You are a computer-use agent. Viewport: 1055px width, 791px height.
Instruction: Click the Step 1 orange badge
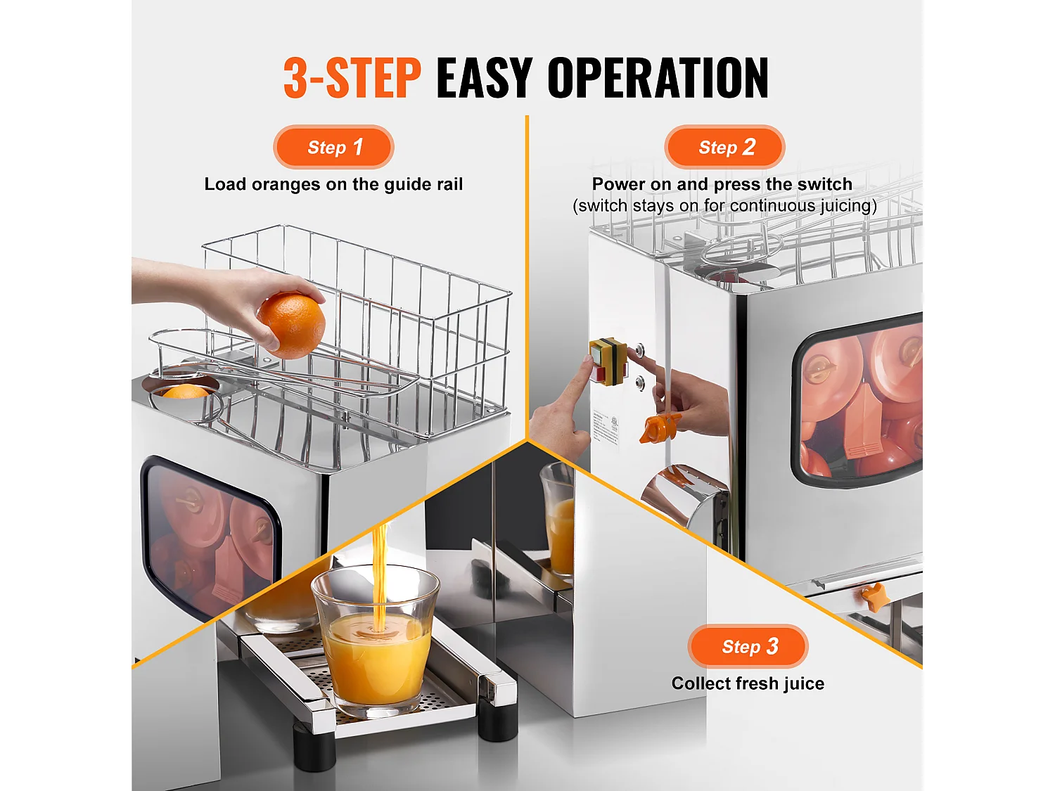(x=333, y=147)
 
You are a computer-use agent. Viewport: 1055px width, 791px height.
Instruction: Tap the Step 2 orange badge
(x=724, y=147)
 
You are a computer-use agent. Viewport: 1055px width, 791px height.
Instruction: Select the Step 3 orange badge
(x=748, y=646)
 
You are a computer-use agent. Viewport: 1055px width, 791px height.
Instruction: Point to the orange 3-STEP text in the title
(x=352, y=78)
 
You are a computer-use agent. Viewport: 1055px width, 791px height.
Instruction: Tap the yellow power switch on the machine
(x=607, y=360)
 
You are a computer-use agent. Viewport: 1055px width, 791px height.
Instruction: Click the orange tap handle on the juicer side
(x=658, y=427)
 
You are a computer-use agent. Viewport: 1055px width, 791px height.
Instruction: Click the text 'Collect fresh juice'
(x=748, y=683)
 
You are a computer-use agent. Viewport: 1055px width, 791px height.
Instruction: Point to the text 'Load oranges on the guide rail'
(x=333, y=184)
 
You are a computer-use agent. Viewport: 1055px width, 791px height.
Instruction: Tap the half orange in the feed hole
(x=184, y=392)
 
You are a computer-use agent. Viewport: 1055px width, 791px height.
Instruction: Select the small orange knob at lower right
(x=875, y=596)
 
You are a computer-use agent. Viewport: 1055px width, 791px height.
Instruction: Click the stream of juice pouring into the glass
(x=380, y=570)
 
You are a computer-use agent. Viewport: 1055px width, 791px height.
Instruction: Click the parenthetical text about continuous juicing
(x=724, y=205)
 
